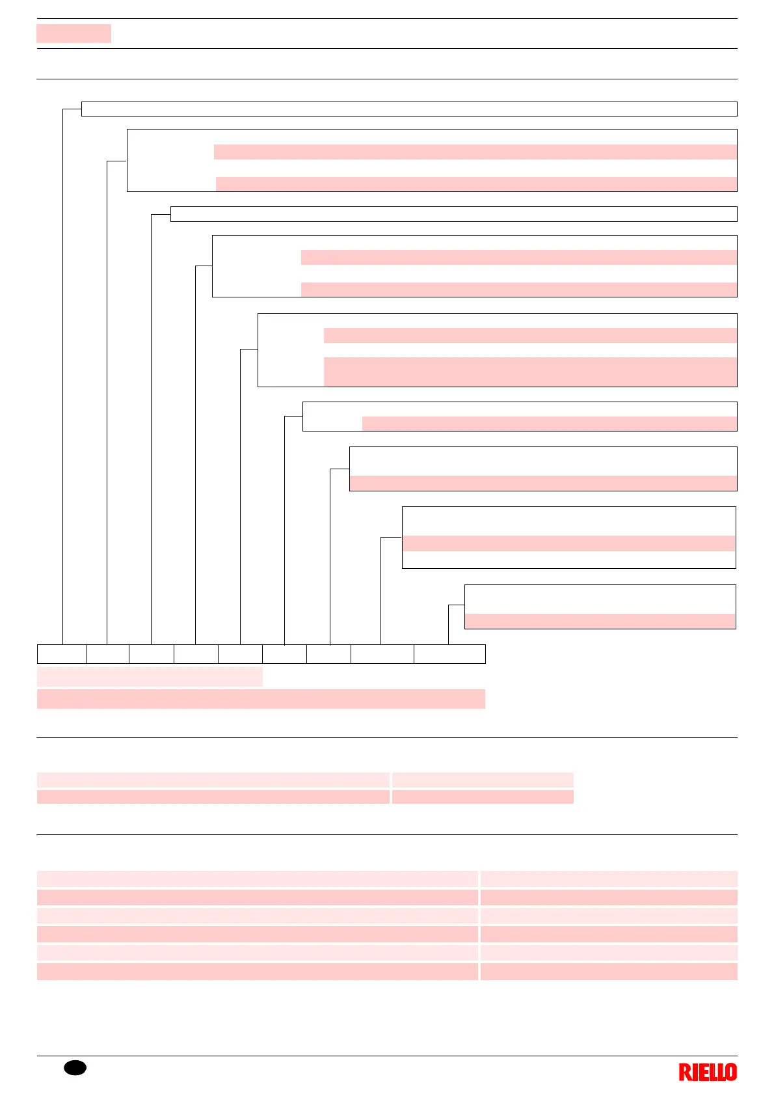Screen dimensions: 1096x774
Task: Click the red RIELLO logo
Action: point(708,1072)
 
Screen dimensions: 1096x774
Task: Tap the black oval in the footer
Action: point(75,1068)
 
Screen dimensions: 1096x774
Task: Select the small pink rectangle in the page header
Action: point(73,33)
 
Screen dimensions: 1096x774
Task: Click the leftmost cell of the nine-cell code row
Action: point(62,653)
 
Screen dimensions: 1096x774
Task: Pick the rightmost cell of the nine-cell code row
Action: point(449,653)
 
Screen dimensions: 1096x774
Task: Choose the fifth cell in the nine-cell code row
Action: point(240,653)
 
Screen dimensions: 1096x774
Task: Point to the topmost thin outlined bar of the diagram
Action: point(408,109)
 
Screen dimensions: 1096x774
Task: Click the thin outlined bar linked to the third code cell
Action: point(453,214)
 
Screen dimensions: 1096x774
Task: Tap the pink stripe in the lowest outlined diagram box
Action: point(600,621)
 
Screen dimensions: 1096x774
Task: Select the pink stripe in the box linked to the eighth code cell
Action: point(568,543)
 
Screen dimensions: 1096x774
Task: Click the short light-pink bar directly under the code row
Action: point(150,676)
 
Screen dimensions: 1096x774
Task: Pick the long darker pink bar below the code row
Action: point(261,698)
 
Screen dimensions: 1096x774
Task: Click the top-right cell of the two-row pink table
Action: point(482,780)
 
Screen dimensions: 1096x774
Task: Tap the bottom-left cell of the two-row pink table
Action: point(213,797)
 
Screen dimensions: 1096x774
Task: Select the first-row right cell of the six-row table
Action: point(608,879)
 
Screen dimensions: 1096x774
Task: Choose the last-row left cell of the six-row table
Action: point(257,972)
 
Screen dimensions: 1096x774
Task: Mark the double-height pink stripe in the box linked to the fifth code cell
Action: point(529,372)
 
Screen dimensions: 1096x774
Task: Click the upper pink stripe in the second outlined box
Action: point(475,152)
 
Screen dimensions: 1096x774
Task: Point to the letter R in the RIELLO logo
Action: point(685,1072)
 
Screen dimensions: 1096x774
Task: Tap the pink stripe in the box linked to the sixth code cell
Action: point(549,424)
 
